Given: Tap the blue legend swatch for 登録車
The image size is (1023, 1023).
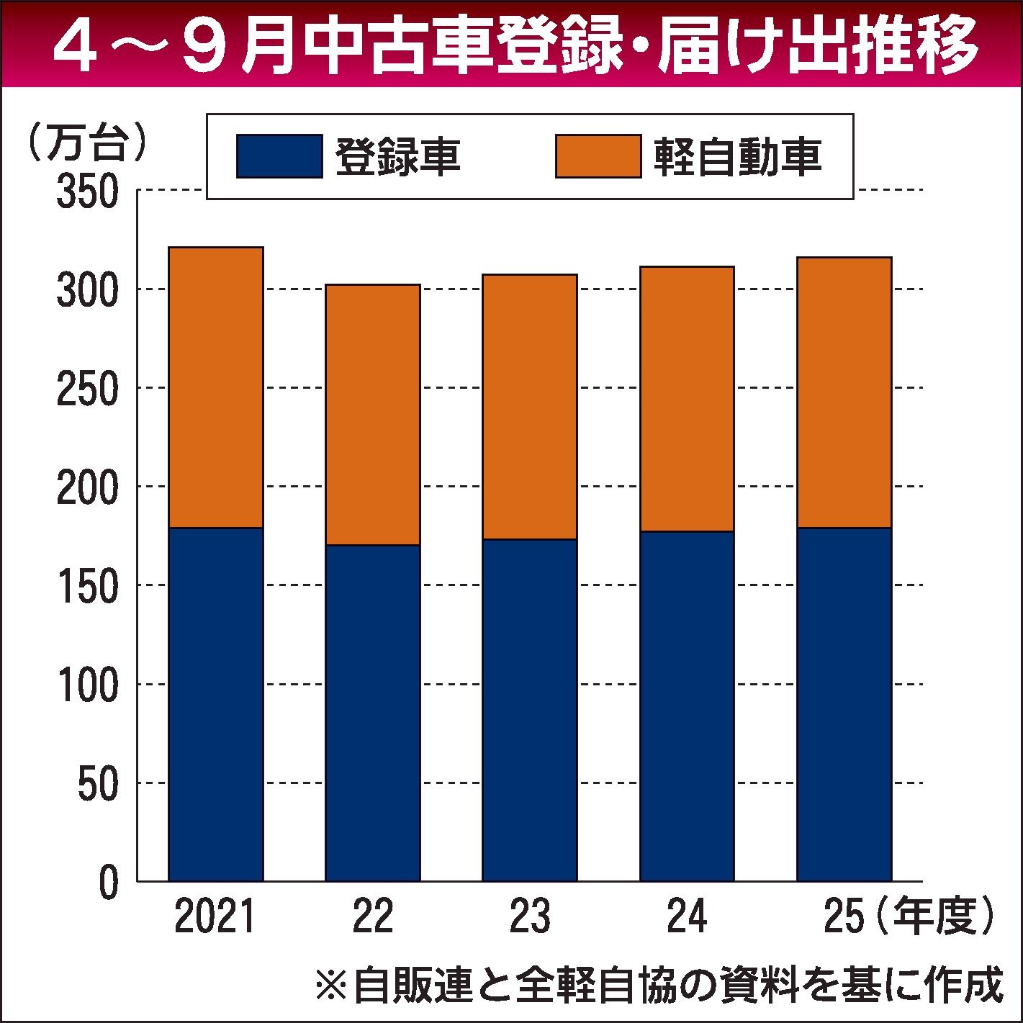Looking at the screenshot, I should point(279,156).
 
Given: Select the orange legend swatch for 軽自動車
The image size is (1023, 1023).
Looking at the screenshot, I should point(598,156).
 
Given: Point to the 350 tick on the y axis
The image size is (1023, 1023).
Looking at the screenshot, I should point(87,193).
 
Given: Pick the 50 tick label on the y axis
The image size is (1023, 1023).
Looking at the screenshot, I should point(98,784).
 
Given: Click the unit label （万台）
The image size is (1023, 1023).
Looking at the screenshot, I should point(86,142).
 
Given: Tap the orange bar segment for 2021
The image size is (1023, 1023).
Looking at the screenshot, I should point(215,387).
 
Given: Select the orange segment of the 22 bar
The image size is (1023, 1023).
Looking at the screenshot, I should point(372,415).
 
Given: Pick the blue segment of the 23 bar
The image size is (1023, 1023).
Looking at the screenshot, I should point(530,710).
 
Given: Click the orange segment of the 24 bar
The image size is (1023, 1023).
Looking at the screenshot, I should point(687,399).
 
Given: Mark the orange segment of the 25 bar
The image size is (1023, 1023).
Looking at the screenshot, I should point(844,392).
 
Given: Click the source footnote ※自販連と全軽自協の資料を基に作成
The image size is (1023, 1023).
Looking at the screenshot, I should point(659,985).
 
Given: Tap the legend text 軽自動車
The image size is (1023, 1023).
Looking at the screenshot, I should point(738,156).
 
